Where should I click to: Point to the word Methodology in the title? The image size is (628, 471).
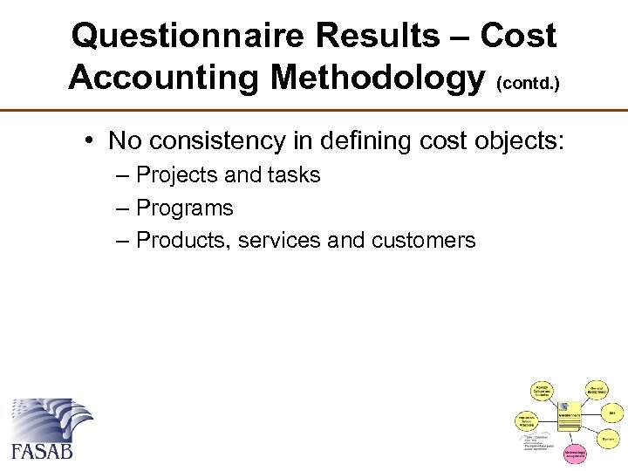click(378, 77)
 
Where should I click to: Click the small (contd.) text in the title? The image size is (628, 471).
click(528, 84)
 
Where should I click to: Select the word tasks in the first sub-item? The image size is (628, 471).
click(297, 175)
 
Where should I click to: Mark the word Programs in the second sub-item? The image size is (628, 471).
click(185, 208)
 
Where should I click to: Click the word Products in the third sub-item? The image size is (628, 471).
click(178, 241)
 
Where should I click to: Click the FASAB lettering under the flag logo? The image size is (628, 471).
click(43, 451)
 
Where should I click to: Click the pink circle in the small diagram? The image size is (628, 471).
click(575, 454)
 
